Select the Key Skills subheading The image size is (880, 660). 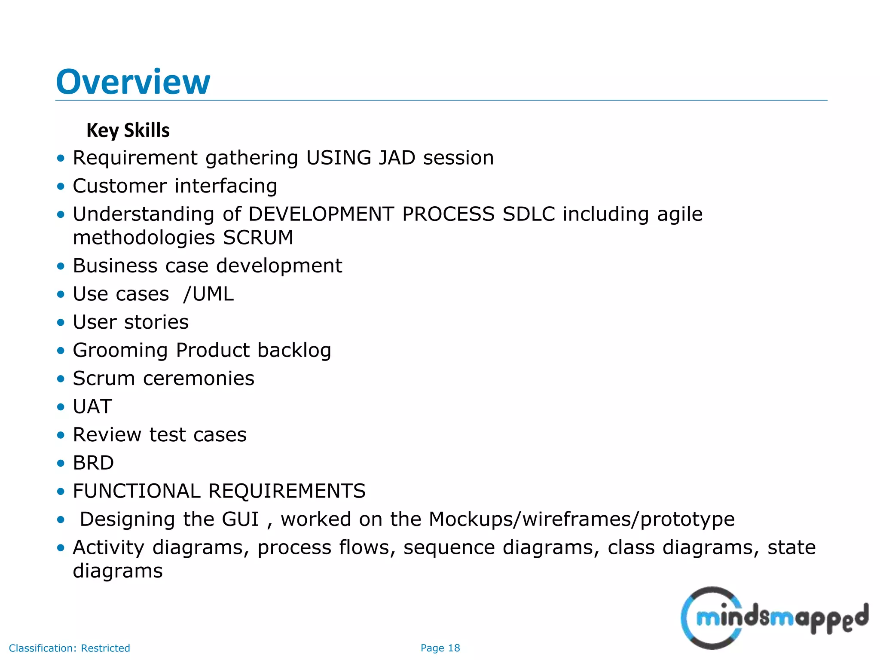point(128,130)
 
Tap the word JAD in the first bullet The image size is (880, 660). point(397,158)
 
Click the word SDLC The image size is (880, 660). point(529,214)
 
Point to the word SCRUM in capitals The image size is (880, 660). point(258,238)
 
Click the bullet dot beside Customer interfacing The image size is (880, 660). point(61,186)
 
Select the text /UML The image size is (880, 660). point(208,294)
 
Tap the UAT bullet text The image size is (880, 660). point(92,406)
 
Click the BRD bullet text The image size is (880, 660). point(93,463)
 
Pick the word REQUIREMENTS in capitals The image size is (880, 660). point(287,491)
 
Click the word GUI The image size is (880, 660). point(240,519)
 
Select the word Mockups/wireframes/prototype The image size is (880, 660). point(581,519)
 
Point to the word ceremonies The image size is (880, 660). point(199,379)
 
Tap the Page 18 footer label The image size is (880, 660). point(440,648)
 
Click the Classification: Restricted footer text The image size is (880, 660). point(69,648)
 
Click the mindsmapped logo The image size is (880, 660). point(773,618)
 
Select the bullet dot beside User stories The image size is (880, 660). point(61,322)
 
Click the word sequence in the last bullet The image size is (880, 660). point(449,547)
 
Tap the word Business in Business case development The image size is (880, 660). point(115,266)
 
